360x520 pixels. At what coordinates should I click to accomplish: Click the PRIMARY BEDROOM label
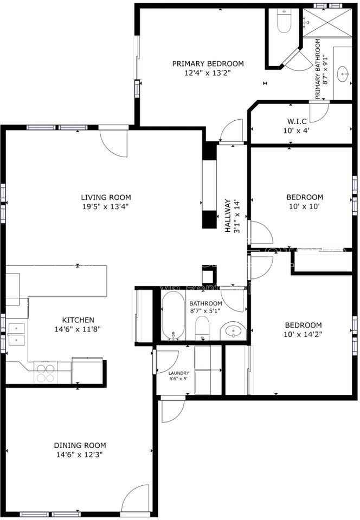point(208,63)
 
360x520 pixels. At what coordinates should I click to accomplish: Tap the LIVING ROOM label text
point(106,197)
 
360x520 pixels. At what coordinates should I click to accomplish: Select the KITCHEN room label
point(78,320)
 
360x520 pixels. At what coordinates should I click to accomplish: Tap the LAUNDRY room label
point(178,373)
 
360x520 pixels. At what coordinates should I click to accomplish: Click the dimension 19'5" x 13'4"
point(106,206)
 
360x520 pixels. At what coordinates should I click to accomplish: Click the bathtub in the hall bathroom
point(173,316)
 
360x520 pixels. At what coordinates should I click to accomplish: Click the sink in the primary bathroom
point(343,73)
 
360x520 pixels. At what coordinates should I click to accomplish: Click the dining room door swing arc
point(136,498)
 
